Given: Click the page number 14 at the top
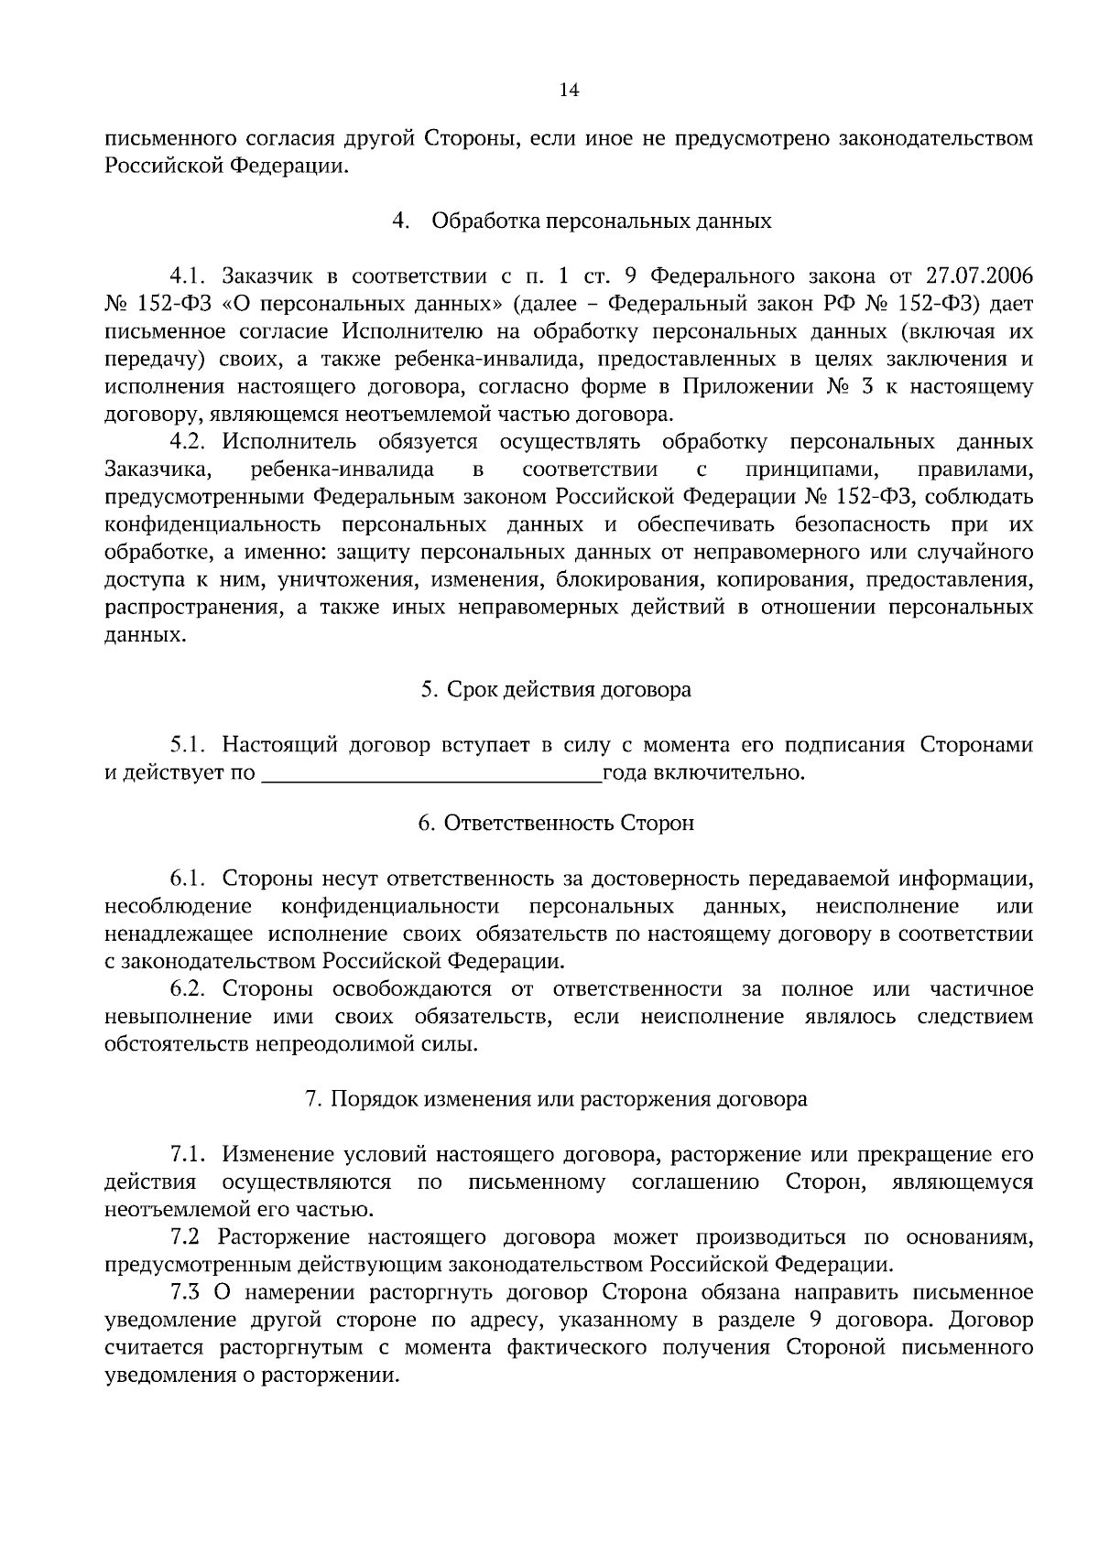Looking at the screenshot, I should click(x=569, y=90).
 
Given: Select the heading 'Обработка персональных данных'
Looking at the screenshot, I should click(x=602, y=221).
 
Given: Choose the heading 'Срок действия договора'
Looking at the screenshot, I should click(x=569, y=689).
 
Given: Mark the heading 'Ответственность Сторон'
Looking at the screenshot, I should click(x=569, y=823).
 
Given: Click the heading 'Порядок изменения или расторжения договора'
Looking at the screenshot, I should click(x=569, y=1099).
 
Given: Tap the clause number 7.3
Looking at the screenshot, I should click(x=186, y=1292).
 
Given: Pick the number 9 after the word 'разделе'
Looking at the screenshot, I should click(x=814, y=1321).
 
